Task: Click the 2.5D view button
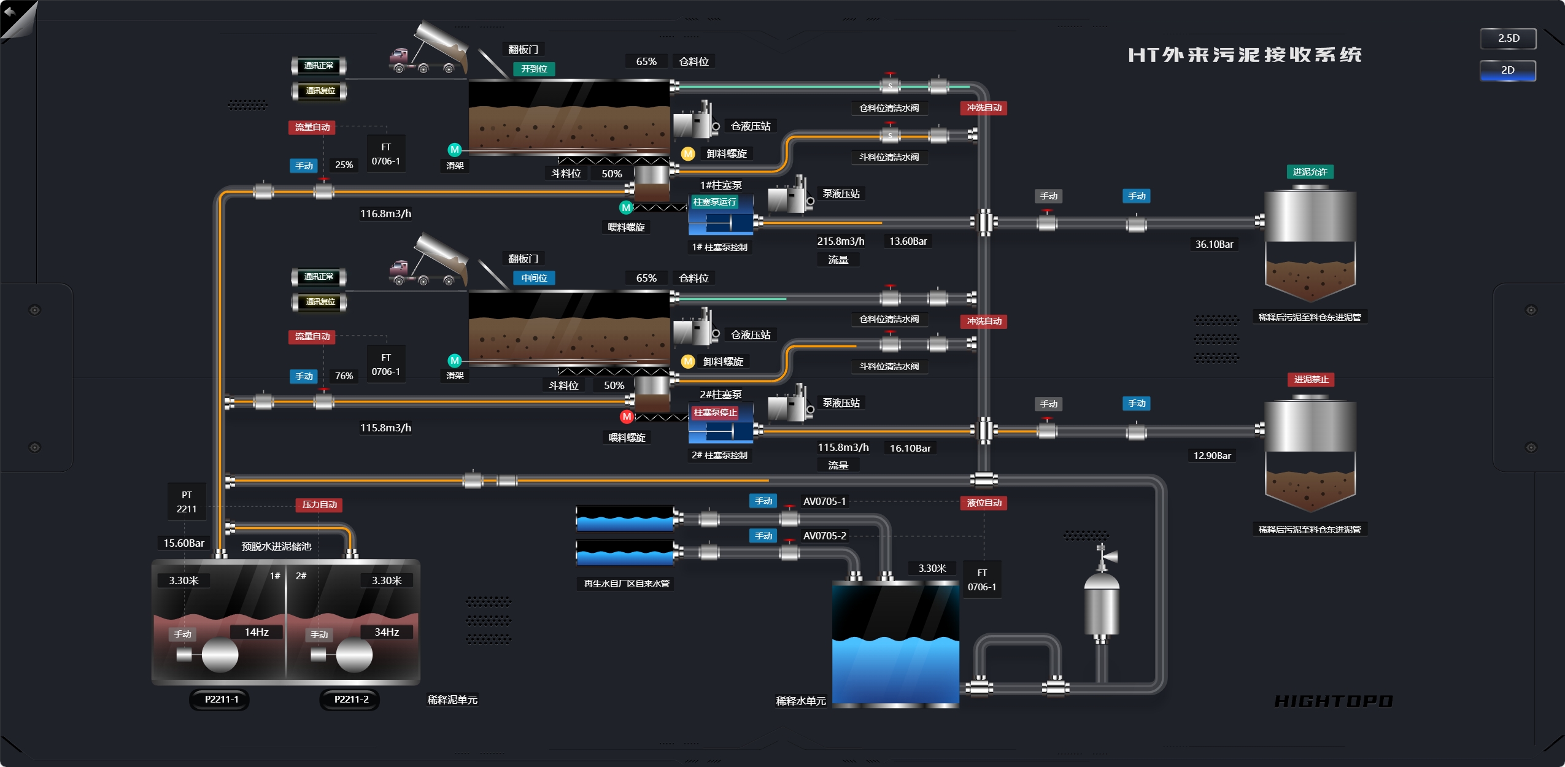[x=1508, y=39]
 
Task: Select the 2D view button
[x=1508, y=70]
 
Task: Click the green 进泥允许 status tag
[x=1310, y=172]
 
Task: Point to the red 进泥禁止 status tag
[x=1311, y=379]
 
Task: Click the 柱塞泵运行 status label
[x=714, y=202]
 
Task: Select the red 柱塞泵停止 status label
[x=715, y=412]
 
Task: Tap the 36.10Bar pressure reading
[x=1214, y=244]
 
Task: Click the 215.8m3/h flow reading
[x=840, y=241]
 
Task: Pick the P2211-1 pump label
[x=221, y=699]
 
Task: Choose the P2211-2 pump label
[x=351, y=699]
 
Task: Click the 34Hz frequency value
[x=387, y=632]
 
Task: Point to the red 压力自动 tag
[x=319, y=504]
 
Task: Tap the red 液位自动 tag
[x=984, y=503]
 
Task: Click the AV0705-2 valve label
[x=824, y=536]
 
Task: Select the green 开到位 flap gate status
[x=534, y=69]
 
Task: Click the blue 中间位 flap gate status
[x=534, y=278]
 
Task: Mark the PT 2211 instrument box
[x=187, y=502]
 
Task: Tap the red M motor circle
[x=626, y=417]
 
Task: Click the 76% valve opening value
[x=344, y=376]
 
